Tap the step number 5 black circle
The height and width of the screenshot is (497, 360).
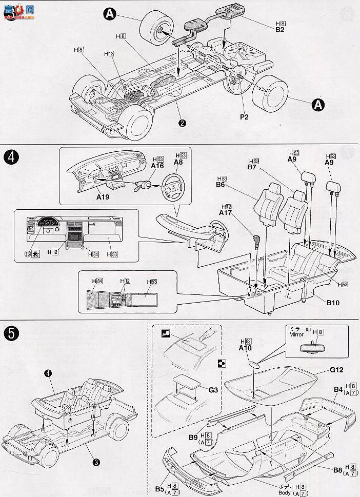[11, 333]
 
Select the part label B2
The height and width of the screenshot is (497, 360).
[279, 30]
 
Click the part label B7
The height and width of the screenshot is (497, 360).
[252, 167]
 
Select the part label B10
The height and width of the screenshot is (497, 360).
[333, 303]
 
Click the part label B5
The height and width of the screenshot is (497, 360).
[159, 488]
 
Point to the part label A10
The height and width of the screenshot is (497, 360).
[245, 347]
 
